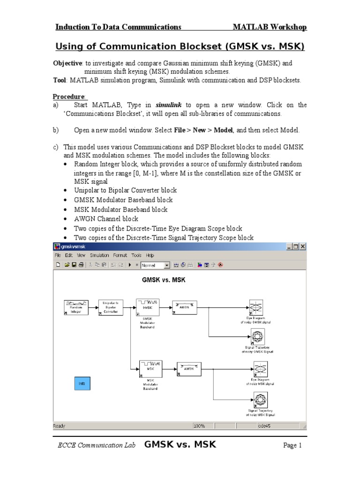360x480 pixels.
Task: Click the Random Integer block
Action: pos(76,307)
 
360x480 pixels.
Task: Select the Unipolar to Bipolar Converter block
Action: pos(111,307)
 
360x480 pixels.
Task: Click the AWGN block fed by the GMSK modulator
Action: pos(184,307)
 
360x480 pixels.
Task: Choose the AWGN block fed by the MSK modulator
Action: pos(189,368)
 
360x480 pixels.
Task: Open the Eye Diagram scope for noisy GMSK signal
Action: pos(255,307)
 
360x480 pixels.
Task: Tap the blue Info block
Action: pos(82,383)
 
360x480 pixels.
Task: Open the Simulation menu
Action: pos(99,255)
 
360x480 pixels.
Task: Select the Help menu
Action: pos(150,255)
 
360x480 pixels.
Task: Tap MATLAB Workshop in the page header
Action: pos(270,27)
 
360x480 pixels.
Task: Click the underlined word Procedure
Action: pos(68,97)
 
